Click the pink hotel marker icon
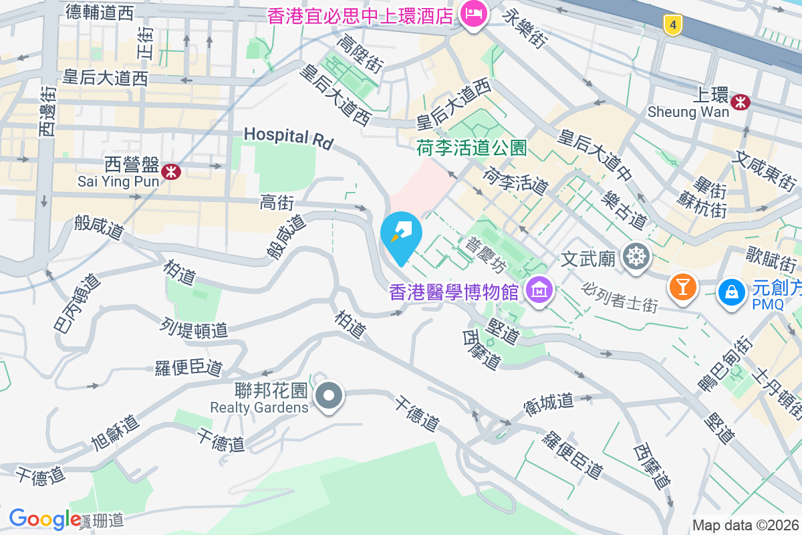tap(474, 15)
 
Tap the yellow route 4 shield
tap(673, 25)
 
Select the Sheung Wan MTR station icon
tap(740, 102)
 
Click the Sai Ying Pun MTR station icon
tap(172, 172)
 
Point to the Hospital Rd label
tap(288, 136)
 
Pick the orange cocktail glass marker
tap(682, 287)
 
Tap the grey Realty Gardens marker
tap(328, 396)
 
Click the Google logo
tap(45, 519)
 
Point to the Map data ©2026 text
tap(745, 526)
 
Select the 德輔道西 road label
tap(100, 11)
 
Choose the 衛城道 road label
tap(548, 401)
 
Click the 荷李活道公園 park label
tap(473, 147)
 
